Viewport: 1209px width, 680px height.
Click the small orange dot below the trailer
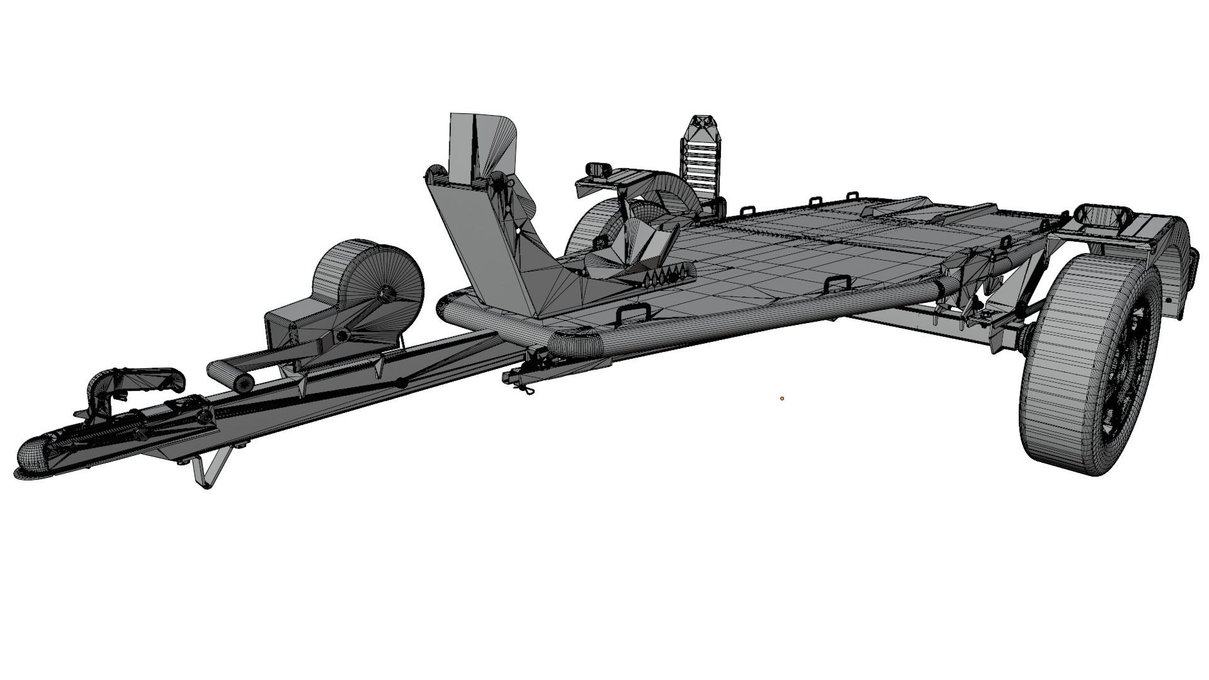pos(782,398)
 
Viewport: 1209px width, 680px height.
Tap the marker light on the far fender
pos(596,169)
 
